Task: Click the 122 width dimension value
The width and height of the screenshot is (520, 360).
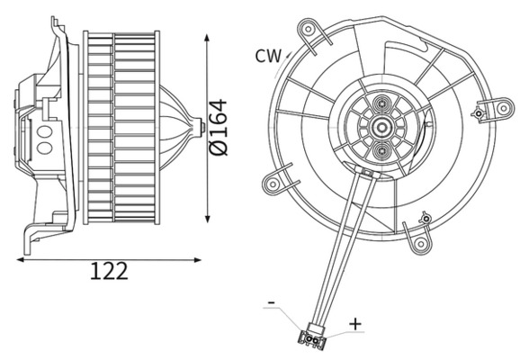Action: tap(109, 270)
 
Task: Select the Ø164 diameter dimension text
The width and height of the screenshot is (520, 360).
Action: tap(219, 126)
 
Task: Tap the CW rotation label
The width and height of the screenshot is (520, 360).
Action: tap(267, 56)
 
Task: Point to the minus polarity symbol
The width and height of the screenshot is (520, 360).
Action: tap(271, 304)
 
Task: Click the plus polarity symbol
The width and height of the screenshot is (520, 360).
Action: tap(355, 322)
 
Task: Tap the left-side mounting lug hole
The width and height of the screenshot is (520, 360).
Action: tap(271, 184)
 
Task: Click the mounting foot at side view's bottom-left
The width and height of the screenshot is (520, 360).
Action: tap(34, 235)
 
